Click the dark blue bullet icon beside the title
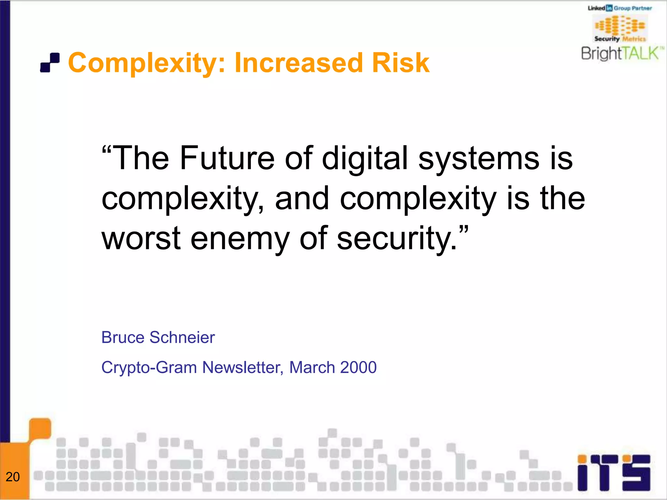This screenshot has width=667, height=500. pos(50,62)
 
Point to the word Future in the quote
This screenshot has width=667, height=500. pos(227,158)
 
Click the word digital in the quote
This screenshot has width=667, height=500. pos(365,158)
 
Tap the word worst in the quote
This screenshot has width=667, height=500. pos(141,238)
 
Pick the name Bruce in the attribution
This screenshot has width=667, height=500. pos(122,337)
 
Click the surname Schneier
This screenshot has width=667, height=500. pos(182,337)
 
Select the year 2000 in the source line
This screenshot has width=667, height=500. pos(358,368)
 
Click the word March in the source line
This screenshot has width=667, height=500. pos(312,368)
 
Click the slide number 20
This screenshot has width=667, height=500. pos(13,477)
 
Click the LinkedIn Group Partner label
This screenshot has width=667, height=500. pos(620,8)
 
